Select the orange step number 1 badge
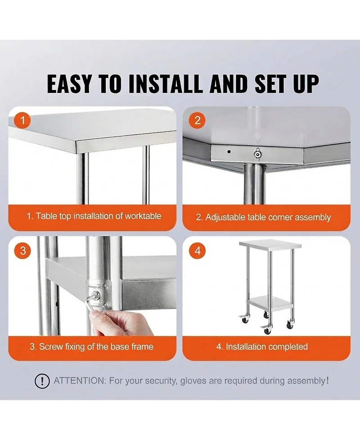pyautogui.click(x=23, y=120)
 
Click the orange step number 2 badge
pyautogui.click(x=198, y=120)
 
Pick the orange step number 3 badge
pyautogui.click(x=23, y=250)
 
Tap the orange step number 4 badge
pyautogui.click(x=198, y=250)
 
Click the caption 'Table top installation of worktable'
pyautogui.click(x=93, y=216)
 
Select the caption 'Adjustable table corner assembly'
pyautogui.click(x=264, y=217)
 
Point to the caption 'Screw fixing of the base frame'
pyautogui.click(x=91, y=347)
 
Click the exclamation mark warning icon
pyautogui.click(x=42, y=381)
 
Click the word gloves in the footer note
pyautogui.click(x=193, y=381)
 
